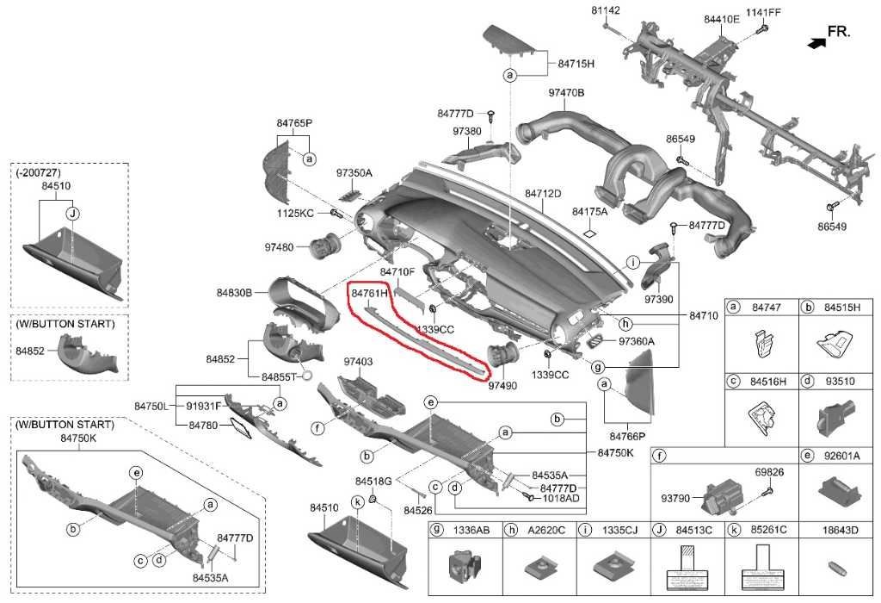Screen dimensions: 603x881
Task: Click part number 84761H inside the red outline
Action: click(370, 294)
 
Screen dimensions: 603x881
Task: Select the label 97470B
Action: click(566, 92)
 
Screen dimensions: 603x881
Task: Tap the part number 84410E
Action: click(721, 17)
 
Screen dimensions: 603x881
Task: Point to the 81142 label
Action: click(606, 10)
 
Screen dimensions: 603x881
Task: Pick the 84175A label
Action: click(589, 211)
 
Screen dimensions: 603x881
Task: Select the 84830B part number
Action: click(234, 293)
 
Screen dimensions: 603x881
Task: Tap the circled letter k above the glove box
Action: click(356, 501)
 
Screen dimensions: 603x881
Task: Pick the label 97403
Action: click(358, 362)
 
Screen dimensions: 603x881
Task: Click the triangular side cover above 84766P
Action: click(636, 379)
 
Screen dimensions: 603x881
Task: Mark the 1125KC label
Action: click(295, 213)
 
